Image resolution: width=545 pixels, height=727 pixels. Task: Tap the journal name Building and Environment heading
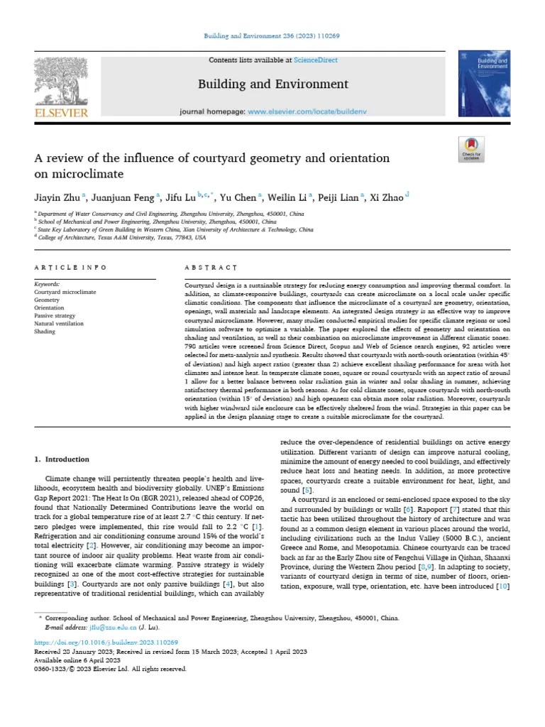[x=273, y=84]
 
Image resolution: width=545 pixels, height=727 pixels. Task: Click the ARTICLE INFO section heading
[x=70, y=267]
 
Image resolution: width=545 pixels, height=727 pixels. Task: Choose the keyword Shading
[x=45, y=332]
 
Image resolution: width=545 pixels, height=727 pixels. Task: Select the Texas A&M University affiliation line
[x=123, y=238]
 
